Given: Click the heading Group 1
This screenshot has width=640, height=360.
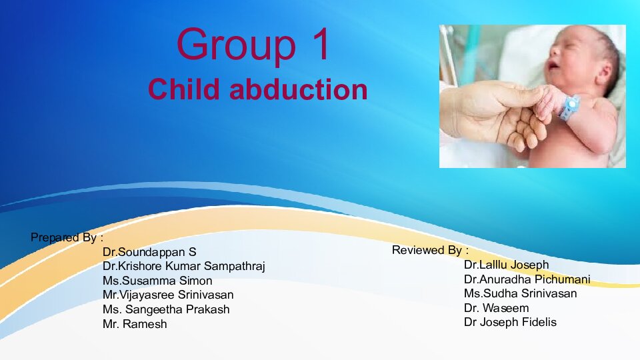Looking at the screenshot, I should [253, 44].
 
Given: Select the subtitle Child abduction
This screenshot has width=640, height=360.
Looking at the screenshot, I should [257, 89].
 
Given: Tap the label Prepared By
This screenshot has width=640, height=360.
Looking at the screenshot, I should [67, 237].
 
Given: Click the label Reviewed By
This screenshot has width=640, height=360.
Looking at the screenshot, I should [430, 251].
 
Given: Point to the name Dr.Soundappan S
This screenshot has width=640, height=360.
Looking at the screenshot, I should [149, 253].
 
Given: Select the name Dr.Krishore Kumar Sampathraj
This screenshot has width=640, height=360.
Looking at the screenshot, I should [183, 267].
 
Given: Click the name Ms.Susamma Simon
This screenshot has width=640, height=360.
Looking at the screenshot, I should [157, 281].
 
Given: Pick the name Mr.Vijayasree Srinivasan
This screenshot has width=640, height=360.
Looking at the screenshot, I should [168, 295].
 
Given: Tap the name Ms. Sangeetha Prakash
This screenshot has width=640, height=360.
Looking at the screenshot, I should [166, 309].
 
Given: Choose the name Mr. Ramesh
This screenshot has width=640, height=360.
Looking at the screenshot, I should [135, 325].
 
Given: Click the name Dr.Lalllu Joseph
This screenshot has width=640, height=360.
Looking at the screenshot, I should [506, 265].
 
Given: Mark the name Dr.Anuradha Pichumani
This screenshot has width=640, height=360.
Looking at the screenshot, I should [527, 279].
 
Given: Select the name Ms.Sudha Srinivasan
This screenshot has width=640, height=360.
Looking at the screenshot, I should [520, 293].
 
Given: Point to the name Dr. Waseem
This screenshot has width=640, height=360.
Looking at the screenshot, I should [496, 308].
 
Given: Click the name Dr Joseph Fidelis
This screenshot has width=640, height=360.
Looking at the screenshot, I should [510, 322].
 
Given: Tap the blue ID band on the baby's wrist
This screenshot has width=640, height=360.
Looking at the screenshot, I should [569, 107].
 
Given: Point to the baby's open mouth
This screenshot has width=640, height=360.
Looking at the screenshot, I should [554, 65].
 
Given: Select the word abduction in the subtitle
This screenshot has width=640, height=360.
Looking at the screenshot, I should [298, 89].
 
